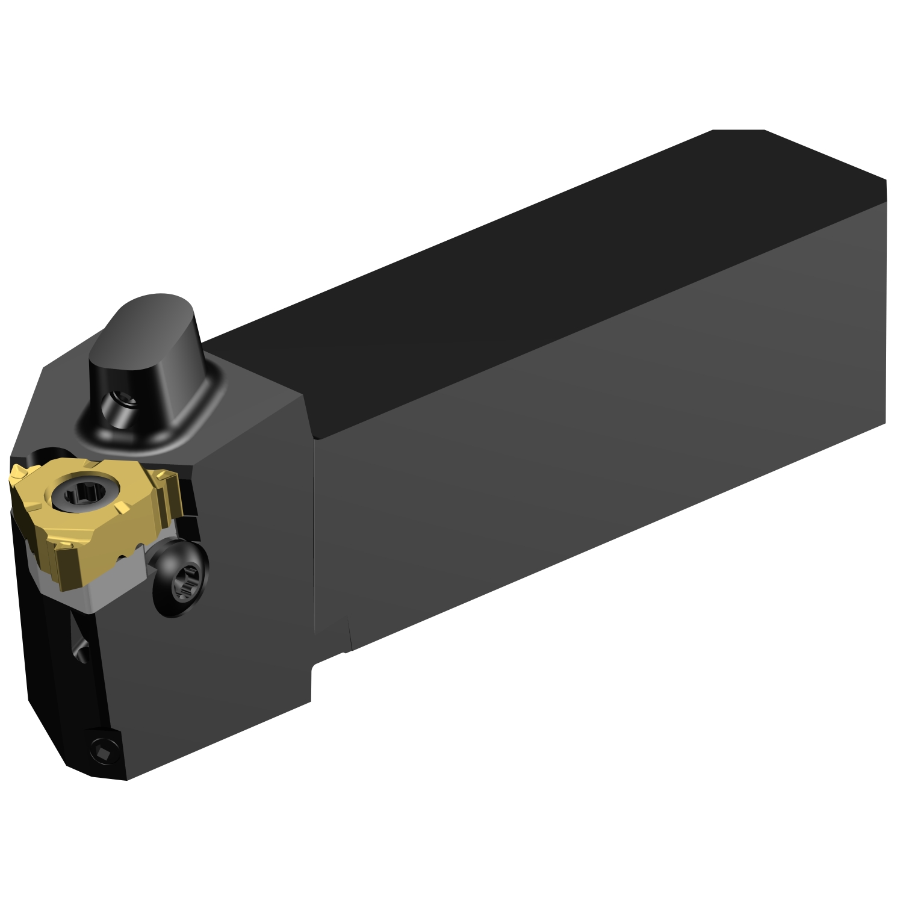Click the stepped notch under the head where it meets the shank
tap(328, 659)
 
